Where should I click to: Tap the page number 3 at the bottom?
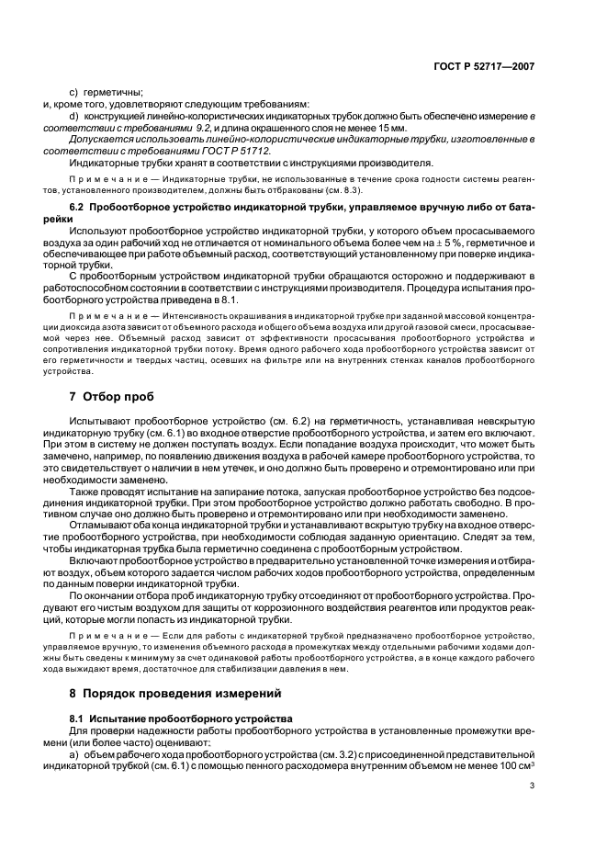tap(531, 785)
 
